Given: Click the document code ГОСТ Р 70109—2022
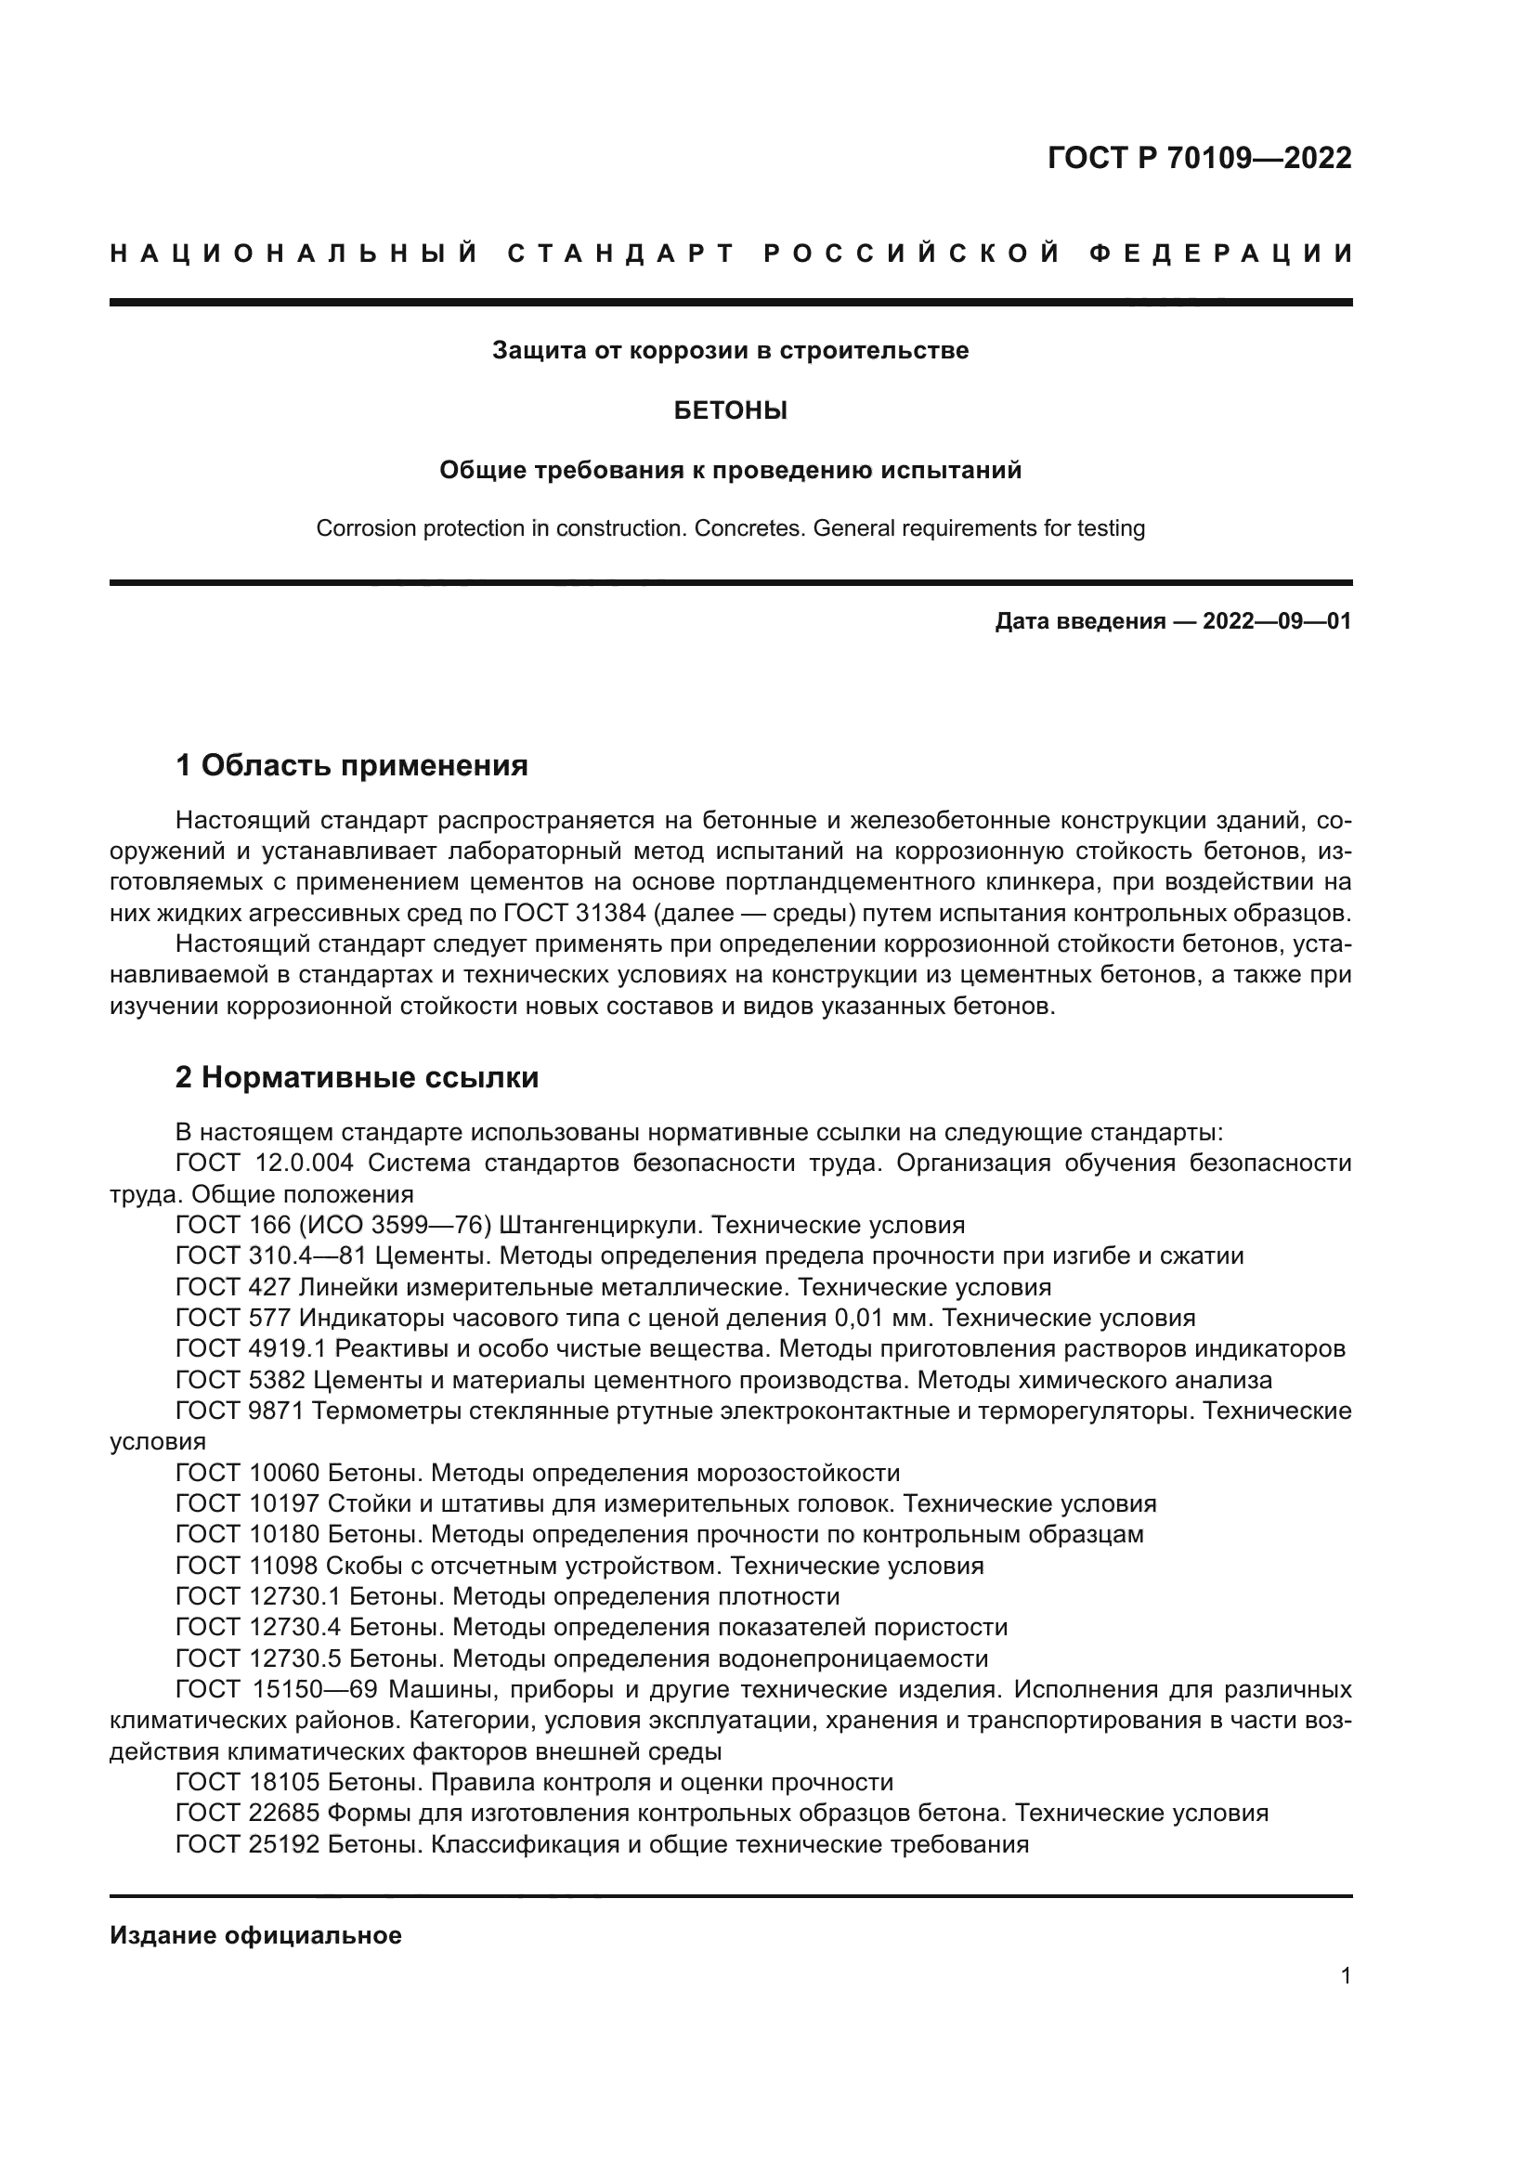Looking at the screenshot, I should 1198,157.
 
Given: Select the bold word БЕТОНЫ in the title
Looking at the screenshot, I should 730,410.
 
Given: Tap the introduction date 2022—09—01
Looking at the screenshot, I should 1277,621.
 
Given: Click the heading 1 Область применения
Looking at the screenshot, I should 352,764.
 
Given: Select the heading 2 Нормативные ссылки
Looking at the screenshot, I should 357,1076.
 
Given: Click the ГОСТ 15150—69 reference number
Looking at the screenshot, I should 276,1689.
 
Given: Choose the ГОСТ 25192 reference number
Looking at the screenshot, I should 248,1844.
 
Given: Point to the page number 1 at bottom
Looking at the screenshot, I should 1345,1975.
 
